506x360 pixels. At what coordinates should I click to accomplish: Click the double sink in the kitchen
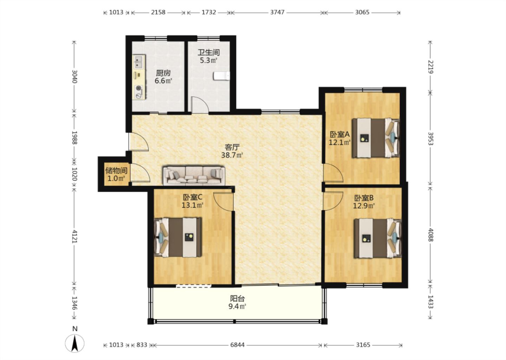point(139,62)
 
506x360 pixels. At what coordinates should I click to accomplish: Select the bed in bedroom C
point(178,237)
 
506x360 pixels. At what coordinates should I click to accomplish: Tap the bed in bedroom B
point(378,238)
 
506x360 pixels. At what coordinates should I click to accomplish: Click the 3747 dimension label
point(277,12)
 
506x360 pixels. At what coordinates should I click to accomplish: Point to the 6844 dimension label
point(238,345)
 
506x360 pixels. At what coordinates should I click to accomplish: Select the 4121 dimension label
point(74,237)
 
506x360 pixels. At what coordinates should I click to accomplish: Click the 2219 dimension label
point(430,67)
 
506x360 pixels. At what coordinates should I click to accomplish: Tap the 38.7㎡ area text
point(232,155)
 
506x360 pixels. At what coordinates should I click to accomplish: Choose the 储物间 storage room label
point(116,171)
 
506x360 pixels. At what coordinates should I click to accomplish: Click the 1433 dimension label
point(430,302)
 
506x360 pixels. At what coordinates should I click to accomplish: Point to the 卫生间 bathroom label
point(209,52)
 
